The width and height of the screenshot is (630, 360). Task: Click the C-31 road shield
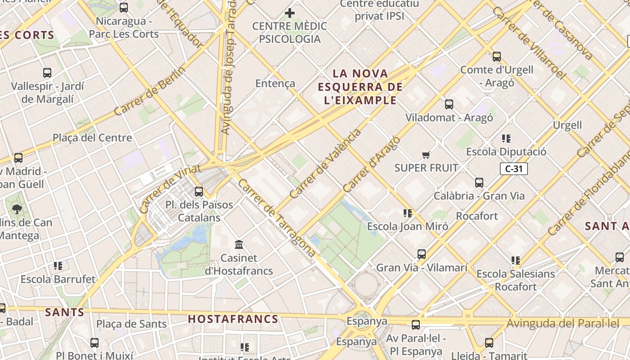(513, 169)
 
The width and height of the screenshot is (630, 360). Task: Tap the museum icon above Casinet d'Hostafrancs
(239, 245)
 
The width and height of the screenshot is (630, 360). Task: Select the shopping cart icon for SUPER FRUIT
(426, 155)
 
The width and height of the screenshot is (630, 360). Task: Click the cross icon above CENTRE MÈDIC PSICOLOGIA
(290, 13)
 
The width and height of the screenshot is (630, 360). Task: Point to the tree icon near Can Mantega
(17, 209)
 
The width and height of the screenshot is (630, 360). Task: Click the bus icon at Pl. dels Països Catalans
(198, 192)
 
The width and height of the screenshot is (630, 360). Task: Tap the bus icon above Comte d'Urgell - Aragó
(496, 57)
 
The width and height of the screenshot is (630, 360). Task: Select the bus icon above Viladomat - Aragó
(449, 104)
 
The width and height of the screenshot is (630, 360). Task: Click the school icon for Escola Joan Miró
(408, 213)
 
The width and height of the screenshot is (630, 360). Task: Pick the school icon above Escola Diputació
(506, 139)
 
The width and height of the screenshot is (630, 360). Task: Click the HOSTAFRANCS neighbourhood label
(233, 319)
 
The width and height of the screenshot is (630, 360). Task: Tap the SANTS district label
(65, 312)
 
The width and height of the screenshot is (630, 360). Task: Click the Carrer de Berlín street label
(150, 91)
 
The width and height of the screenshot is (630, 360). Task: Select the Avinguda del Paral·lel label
(563, 323)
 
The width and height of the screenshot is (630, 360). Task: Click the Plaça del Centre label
(92, 138)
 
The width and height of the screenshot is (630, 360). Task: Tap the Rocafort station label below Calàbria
(477, 216)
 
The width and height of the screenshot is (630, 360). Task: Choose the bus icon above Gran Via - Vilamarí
(421, 254)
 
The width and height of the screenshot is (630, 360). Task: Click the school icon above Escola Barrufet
(58, 266)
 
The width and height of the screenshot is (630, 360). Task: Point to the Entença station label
(275, 83)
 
